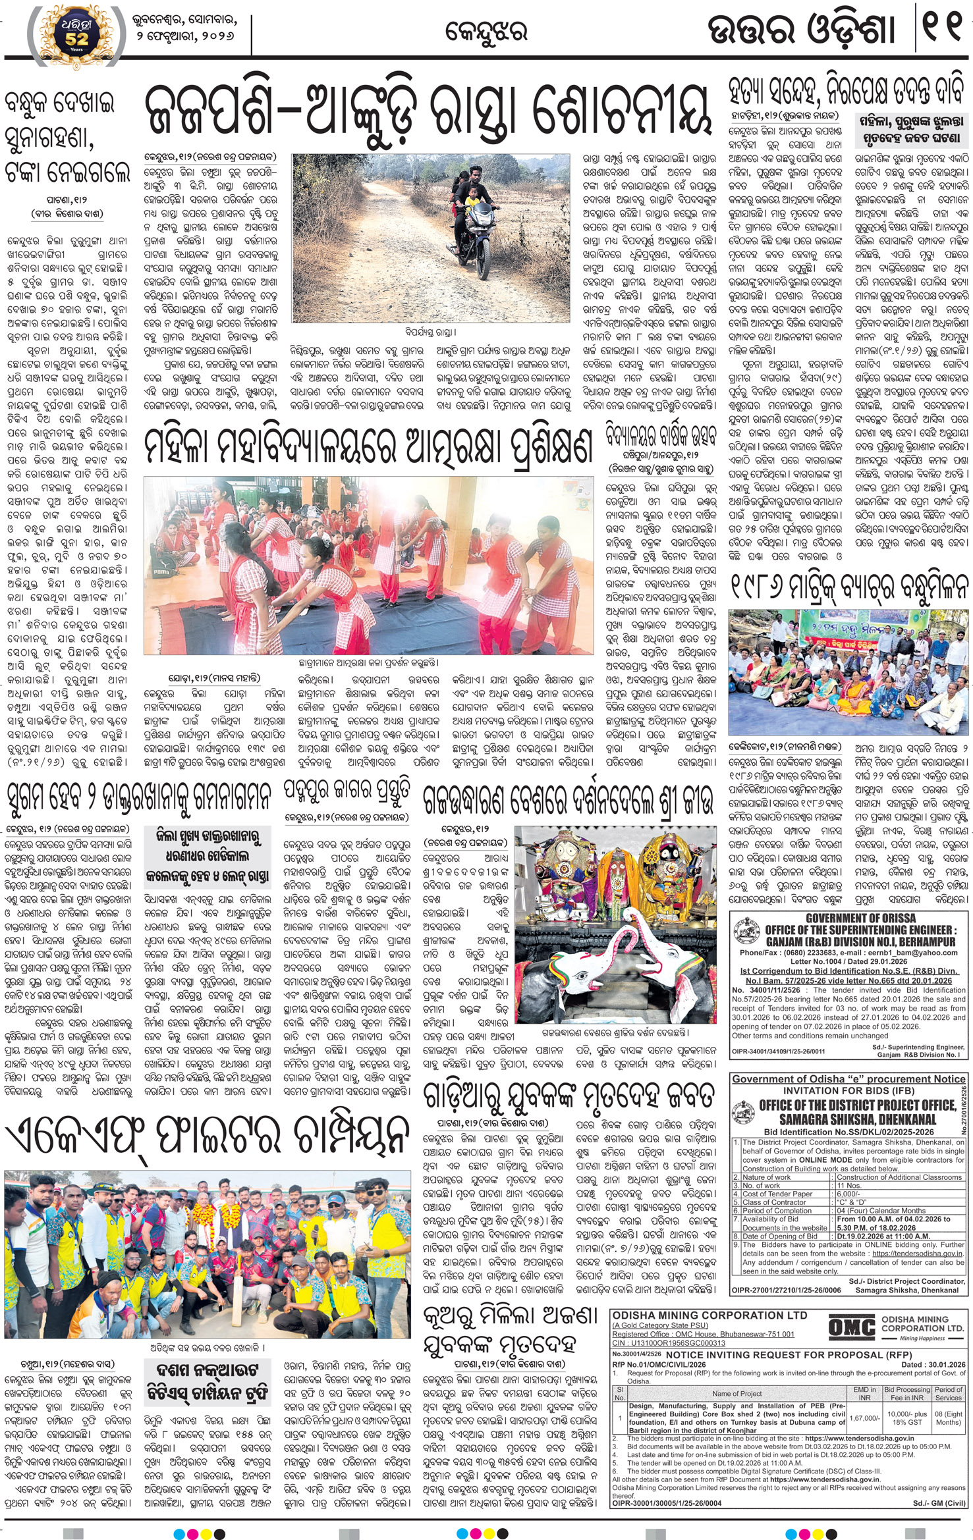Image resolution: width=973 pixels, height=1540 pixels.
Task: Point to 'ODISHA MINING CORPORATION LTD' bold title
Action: (709, 1315)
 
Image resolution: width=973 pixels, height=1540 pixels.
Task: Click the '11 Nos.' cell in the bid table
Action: (850, 1185)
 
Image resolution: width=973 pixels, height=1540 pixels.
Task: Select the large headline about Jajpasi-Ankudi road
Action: (427, 112)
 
